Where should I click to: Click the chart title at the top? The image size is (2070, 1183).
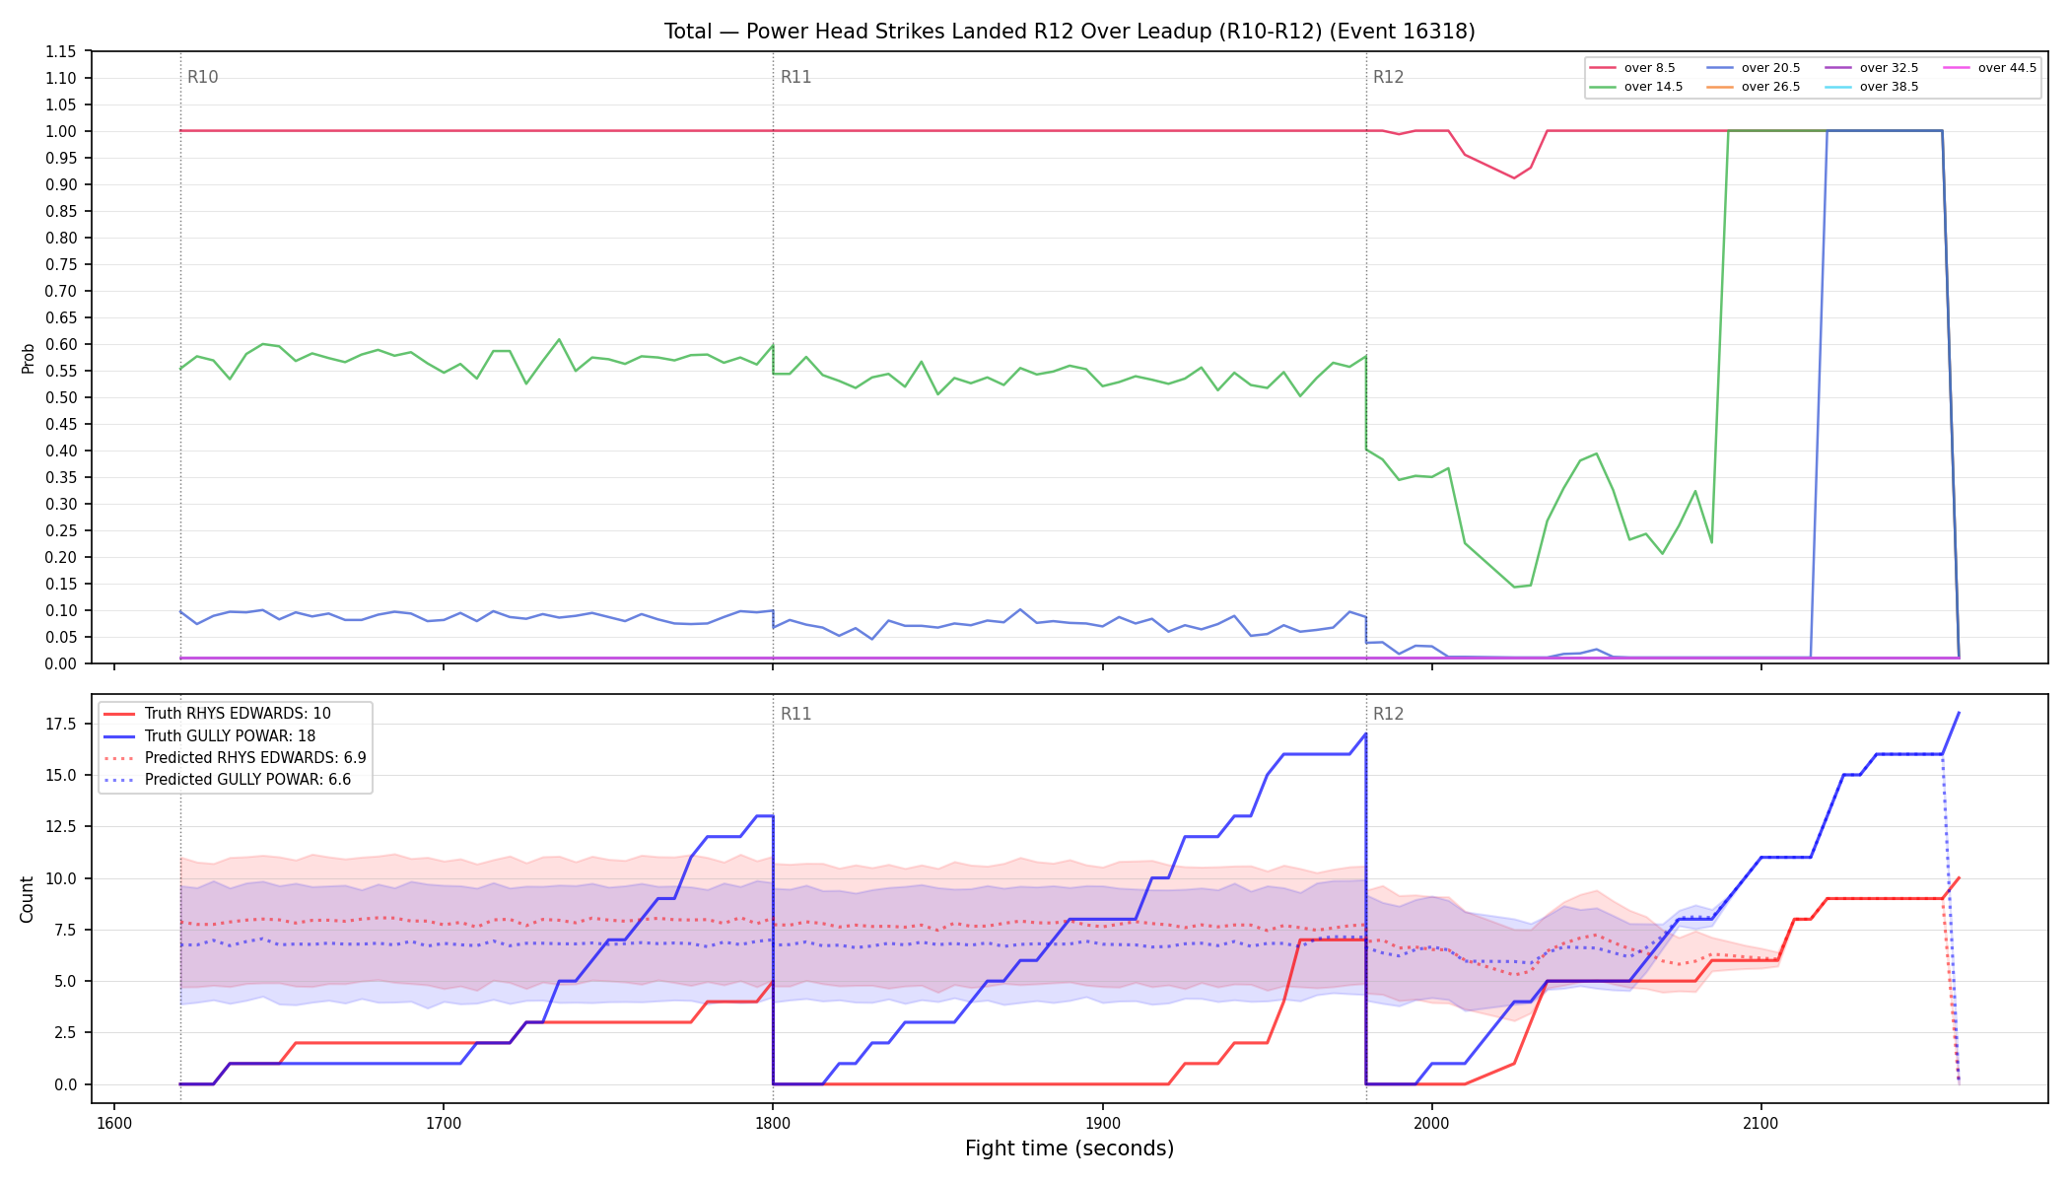click(x=1069, y=32)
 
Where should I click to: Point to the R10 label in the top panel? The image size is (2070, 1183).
click(x=203, y=77)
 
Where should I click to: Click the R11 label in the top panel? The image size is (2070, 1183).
click(x=796, y=77)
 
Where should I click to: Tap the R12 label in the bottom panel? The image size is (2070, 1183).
click(x=1389, y=714)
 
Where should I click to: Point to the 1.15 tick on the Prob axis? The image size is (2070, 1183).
click(x=61, y=51)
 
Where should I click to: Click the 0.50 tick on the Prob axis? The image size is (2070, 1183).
click(x=61, y=397)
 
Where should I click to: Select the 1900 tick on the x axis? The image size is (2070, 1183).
click(x=1102, y=1123)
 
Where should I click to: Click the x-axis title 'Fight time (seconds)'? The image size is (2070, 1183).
click(x=1069, y=1148)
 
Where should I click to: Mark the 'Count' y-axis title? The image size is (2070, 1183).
click(x=27, y=899)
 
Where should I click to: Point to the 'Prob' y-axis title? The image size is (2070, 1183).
click(x=28, y=358)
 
